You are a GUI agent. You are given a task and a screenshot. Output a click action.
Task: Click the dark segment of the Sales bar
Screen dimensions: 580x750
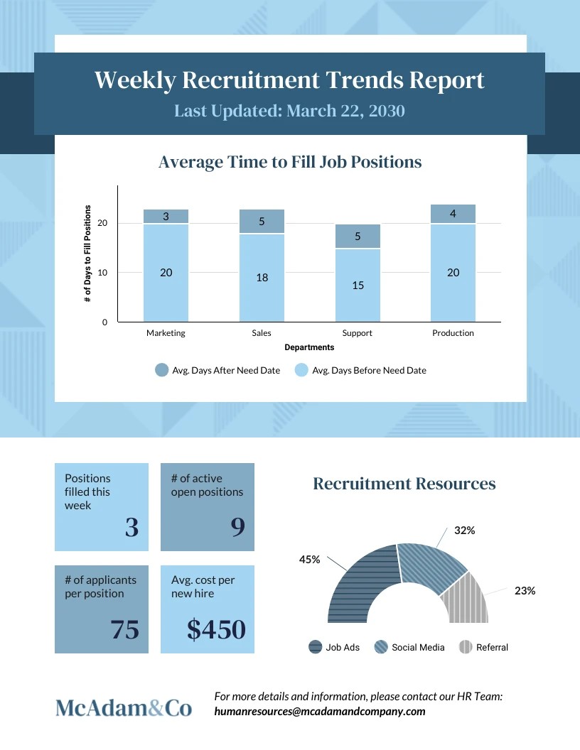pos(262,221)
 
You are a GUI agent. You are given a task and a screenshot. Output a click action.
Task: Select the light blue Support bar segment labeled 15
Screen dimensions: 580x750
pos(358,285)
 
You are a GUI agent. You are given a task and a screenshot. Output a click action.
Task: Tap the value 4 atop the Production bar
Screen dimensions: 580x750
pos(453,214)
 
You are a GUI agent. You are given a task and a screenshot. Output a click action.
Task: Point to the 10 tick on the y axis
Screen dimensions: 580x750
pos(102,273)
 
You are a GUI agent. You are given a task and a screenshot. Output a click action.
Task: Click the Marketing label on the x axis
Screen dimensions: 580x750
pos(166,333)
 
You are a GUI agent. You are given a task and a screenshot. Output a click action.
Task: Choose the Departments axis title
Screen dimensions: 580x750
pos(309,347)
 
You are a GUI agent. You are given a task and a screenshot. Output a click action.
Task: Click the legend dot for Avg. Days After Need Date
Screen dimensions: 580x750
pos(162,370)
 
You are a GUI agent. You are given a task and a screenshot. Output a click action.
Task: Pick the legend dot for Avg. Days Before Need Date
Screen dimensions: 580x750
pos(301,370)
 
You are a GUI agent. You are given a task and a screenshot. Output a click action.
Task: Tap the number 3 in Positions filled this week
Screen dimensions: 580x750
pos(132,528)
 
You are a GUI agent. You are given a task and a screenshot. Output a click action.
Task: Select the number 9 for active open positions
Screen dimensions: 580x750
pos(238,527)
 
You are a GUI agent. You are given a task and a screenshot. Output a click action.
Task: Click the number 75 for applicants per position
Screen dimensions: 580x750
pos(125,629)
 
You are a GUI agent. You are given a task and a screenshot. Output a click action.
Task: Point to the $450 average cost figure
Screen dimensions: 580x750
pos(216,629)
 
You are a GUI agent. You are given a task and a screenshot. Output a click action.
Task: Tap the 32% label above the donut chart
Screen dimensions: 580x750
pos(465,531)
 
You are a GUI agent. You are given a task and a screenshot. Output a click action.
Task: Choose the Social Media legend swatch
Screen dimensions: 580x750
pos(381,647)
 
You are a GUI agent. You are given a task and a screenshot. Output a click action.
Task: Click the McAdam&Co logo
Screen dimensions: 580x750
pos(124,707)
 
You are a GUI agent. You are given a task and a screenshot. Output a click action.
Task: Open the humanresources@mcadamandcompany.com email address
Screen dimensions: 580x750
pos(320,711)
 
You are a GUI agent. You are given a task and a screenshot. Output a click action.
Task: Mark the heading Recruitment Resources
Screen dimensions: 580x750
pos(404,484)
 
